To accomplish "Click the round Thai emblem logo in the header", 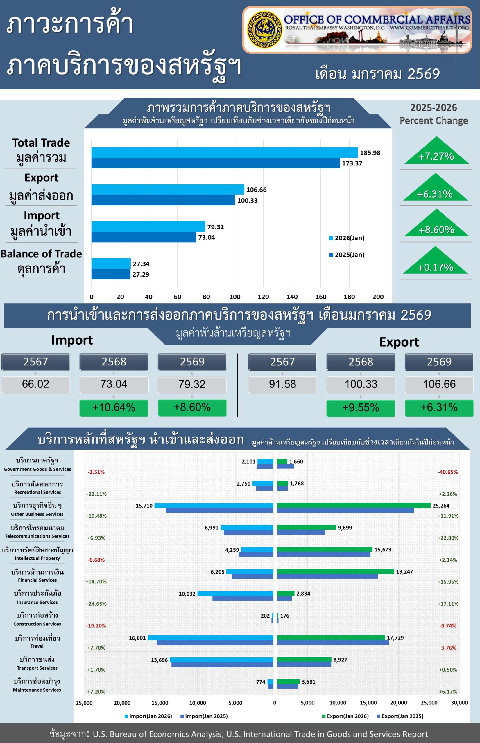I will (x=265, y=30).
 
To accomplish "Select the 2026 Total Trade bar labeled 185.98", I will (x=224, y=153).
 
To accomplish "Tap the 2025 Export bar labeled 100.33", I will (x=163, y=200).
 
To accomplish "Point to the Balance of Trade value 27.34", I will (x=141, y=264).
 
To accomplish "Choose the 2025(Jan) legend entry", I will (x=347, y=255).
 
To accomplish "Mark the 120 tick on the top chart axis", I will (x=263, y=297).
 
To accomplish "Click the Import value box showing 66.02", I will (x=35, y=384).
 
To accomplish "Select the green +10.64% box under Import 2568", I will (x=114, y=407).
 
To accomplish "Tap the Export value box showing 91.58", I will (x=282, y=384).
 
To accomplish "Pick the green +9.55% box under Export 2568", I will (x=361, y=408).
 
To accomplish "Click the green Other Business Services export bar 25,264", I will (x=354, y=506).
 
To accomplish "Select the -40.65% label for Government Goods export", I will (x=447, y=472).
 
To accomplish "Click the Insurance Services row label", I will (x=37, y=597).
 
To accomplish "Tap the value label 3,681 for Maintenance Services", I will (x=308, y=682).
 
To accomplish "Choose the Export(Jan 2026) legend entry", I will (x=345, y=716).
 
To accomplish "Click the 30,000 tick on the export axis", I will (x=459, y=703).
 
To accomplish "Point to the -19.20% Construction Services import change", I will (x=96, y=626).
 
